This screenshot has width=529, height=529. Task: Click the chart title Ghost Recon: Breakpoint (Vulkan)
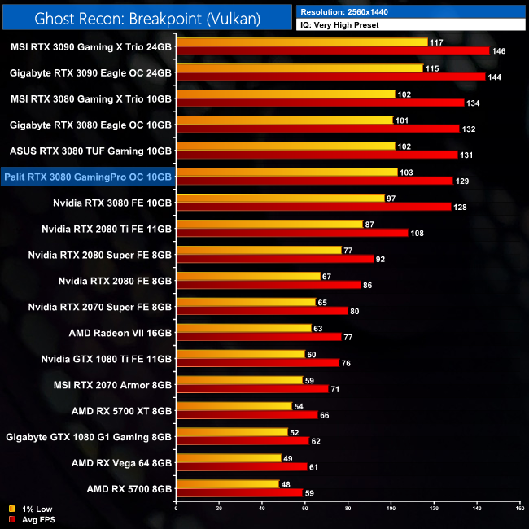[147, 17]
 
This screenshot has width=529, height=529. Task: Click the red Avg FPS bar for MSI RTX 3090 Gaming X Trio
[333, 50]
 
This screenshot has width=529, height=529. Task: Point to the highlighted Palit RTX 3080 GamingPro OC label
[88, 176]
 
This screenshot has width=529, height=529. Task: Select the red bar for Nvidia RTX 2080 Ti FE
[292, 233]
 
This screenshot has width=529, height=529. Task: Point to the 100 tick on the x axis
[391, 508]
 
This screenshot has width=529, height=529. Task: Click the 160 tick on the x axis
[518, 508]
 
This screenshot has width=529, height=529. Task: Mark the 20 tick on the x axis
[219, 508]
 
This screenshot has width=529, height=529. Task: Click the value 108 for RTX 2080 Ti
[418, 233]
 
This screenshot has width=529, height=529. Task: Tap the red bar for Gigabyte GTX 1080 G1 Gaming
[243, 441]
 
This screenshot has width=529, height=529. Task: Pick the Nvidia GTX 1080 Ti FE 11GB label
[107, 358]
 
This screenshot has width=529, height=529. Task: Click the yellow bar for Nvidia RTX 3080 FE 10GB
[280, 198]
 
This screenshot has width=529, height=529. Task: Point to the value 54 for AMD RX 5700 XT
[300, 405]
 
